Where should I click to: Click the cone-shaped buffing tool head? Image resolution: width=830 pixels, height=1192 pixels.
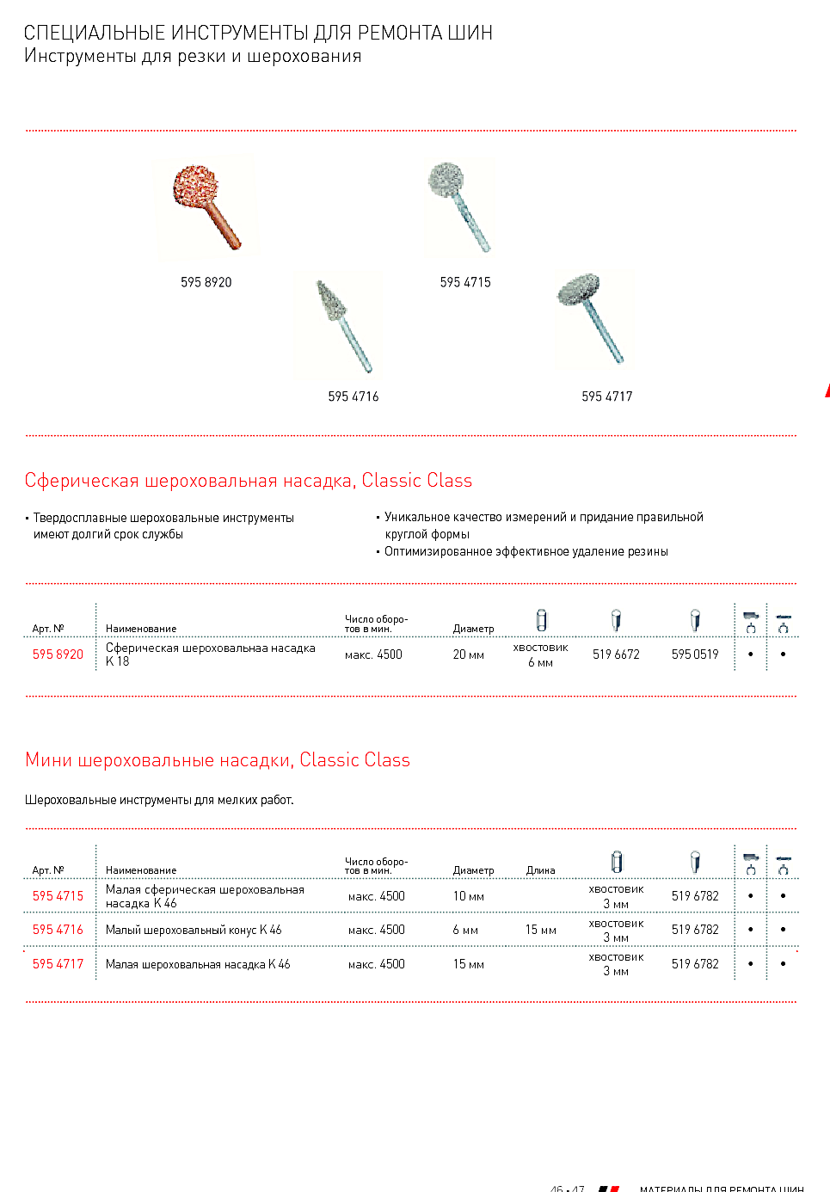pos(329,300)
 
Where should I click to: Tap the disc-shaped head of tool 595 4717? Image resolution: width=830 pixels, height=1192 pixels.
pos(578,289)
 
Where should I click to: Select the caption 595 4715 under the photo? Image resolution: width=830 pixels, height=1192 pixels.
pos(465,282)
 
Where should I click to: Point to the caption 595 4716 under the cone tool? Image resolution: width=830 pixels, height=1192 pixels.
pos(353,396)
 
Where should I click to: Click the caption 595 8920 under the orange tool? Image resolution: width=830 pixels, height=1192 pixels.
pos(206,282)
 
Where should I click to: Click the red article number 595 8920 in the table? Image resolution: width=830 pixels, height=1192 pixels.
pos(58,654)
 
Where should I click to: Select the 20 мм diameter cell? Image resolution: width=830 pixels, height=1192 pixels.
pos(468,654)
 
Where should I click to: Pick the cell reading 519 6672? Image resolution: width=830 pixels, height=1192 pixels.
pos(616,654)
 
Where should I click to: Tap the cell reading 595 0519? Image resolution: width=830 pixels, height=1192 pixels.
pos(695,654)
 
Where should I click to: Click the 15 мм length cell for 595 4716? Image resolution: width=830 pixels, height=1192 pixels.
pos(540,930)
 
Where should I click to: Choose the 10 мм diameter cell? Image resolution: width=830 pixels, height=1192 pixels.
pos(468,896)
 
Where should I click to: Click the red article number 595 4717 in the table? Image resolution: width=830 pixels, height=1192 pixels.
pos(58,964)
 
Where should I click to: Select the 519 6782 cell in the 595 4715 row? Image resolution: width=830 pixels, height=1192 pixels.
pos(695,896)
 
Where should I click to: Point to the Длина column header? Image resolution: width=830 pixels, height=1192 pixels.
pos(540,870)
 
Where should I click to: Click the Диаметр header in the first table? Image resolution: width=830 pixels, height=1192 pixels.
pos(473,629)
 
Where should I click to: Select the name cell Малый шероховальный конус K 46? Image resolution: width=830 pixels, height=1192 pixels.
pos(194,930)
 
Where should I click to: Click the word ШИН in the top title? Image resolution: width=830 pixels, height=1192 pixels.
pos(470,33)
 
